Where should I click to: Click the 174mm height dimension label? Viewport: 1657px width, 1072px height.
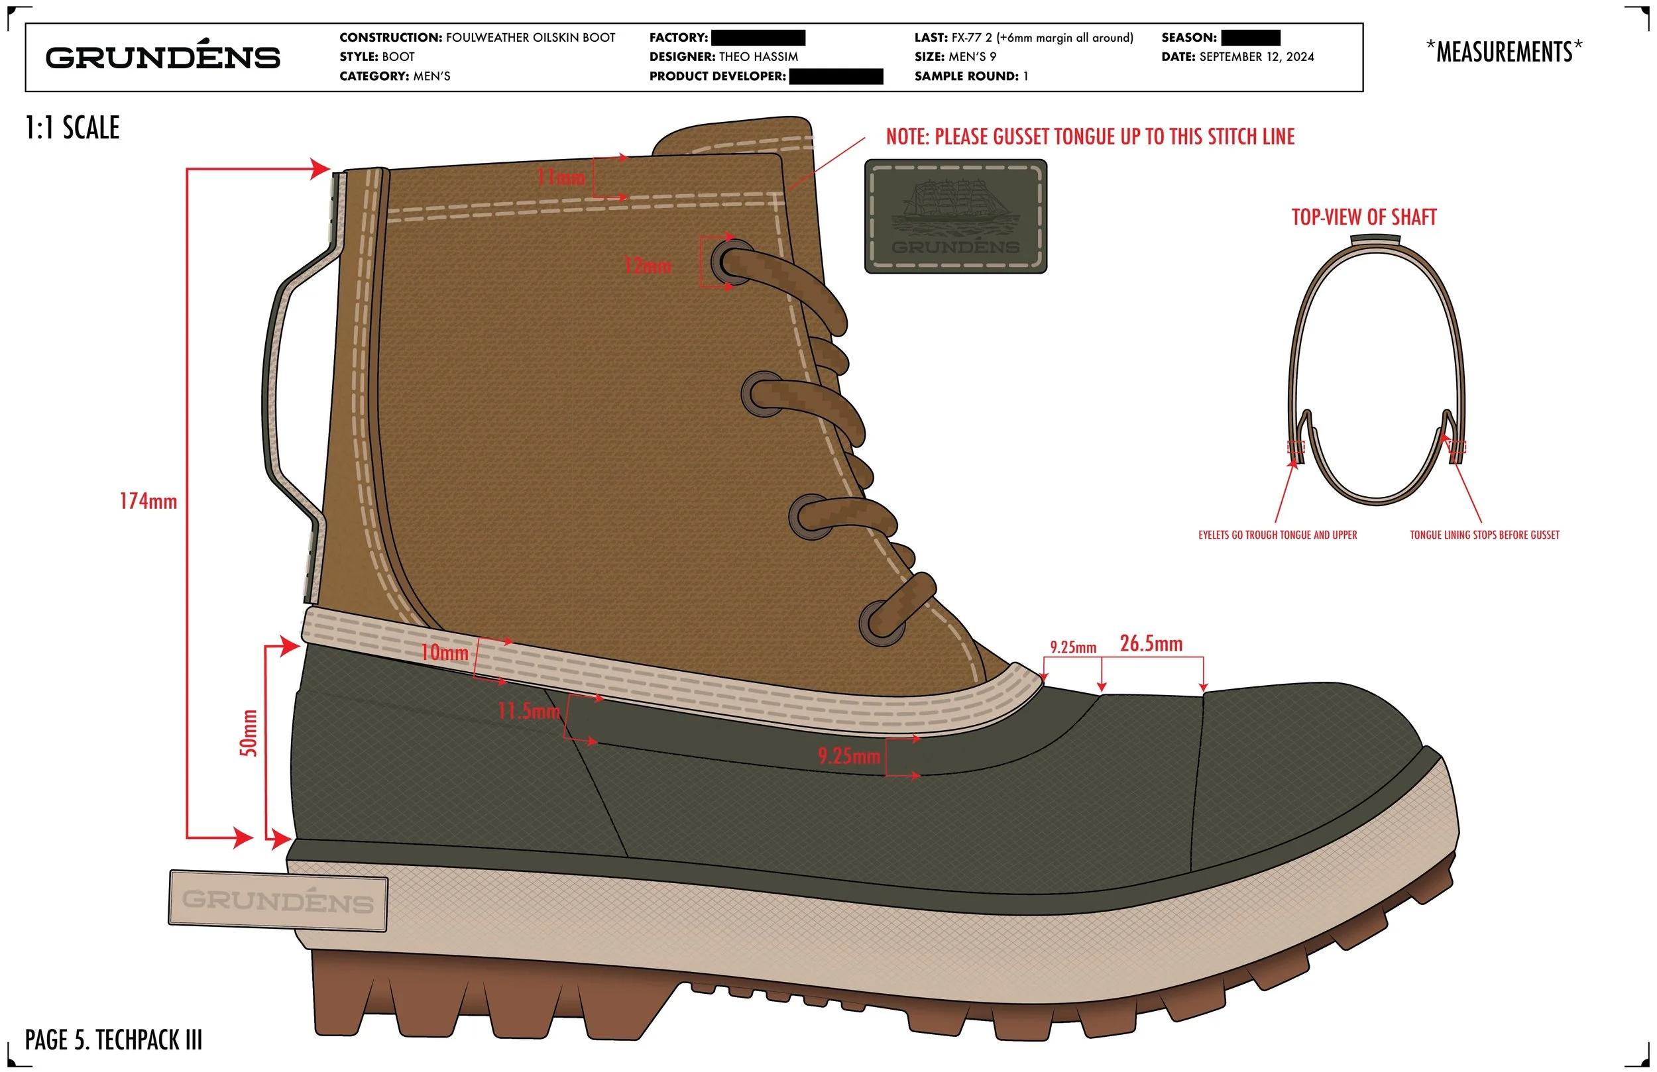148,501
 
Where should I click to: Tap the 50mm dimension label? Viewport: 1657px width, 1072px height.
249,733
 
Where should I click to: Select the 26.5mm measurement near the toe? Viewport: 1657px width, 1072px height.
1151,644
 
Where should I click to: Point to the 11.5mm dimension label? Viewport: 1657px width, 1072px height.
528,712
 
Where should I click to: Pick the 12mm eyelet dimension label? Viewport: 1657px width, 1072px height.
648,266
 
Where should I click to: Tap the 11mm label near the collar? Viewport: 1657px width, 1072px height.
561,178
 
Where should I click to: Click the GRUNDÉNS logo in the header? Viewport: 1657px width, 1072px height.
163,57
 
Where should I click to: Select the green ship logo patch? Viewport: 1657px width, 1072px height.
955,217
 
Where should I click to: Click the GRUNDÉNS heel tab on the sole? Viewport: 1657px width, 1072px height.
278,900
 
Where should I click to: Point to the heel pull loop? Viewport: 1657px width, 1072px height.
292,383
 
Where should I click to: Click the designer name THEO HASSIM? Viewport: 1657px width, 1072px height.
758,57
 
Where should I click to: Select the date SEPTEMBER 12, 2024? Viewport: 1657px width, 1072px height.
1257,57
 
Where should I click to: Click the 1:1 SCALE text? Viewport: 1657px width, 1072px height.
72,128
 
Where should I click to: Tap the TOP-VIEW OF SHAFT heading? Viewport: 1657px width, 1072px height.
1364,217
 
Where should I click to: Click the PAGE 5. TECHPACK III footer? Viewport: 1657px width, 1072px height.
113,1040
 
